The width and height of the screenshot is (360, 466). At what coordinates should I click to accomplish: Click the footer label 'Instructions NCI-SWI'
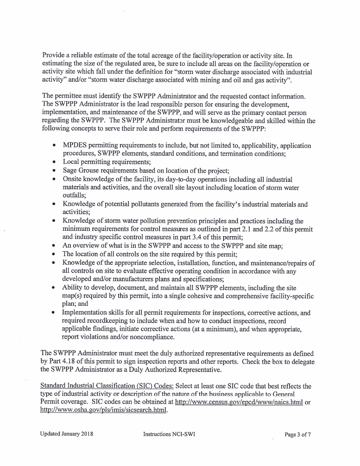169,434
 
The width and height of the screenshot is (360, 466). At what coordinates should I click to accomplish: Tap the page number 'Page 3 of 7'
297,435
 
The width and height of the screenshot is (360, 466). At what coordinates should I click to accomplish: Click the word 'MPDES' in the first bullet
74,146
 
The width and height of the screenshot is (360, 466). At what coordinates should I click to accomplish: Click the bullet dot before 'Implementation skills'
55,313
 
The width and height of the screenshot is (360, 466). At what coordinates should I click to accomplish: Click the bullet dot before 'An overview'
55,246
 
